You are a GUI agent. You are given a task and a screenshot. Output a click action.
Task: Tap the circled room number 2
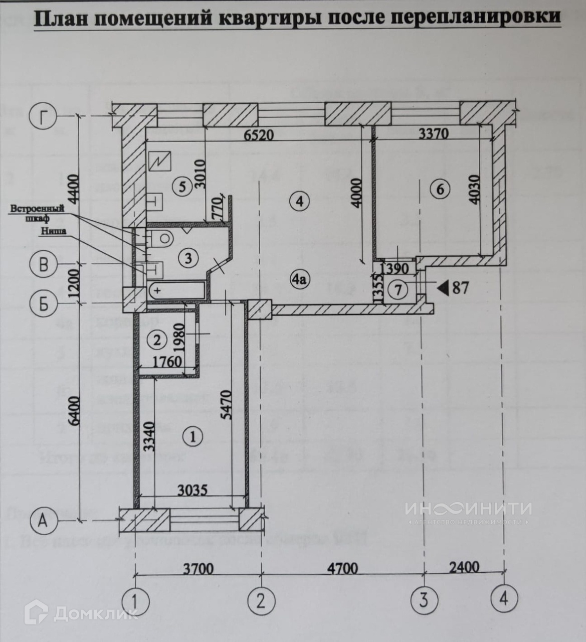point(157,340)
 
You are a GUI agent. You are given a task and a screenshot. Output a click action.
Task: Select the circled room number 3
point(188,259)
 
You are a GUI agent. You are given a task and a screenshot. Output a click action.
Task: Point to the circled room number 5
point(182,187)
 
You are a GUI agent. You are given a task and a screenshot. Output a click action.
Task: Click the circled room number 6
point(440,189)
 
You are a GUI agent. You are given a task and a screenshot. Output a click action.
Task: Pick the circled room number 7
point(399,291)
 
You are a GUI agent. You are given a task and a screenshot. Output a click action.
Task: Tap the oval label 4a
point(299,280)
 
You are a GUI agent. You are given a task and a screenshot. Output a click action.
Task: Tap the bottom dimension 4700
point(342,568)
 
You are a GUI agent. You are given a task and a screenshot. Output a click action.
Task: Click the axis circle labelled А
point(44,522)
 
